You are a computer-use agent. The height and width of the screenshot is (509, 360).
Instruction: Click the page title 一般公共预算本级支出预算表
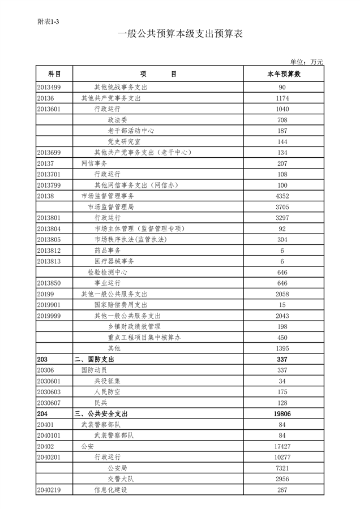coord(179,34)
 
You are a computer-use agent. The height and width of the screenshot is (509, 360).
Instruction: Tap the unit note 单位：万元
coord(306,62)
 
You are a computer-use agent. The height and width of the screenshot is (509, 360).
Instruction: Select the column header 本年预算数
coord(283,74)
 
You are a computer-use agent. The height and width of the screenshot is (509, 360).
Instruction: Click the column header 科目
coord(54,74)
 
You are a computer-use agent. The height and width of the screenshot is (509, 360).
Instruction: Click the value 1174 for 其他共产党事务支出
coord(282,98)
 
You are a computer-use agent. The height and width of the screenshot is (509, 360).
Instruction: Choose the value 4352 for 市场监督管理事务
coord(282,196)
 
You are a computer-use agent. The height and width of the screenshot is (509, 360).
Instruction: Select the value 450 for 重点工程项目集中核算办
coord(282,338)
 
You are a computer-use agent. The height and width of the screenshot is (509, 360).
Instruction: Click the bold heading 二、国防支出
coord(95,360)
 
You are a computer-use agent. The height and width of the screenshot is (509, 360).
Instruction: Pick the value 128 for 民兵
coord(282,403)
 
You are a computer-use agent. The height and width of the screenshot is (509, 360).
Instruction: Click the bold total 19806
coord(282,414)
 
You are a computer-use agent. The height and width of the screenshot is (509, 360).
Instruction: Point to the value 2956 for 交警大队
coord(282,479)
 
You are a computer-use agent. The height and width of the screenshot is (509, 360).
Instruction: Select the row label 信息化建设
coord(110,490)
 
